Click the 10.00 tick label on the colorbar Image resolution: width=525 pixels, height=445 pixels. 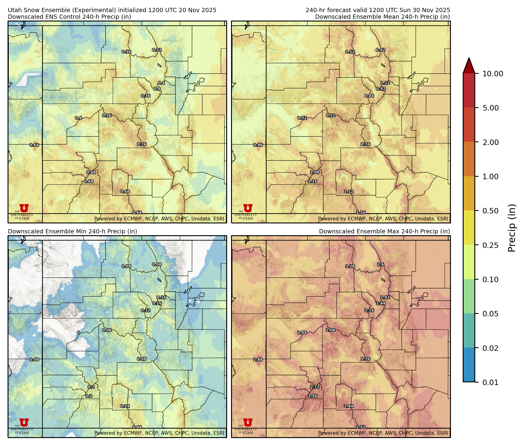coord(493,74)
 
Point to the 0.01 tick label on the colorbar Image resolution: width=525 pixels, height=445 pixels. coord(490,382)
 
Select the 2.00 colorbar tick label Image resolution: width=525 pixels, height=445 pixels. coord(490,142)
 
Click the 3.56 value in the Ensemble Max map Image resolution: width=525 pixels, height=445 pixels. coord(312,396)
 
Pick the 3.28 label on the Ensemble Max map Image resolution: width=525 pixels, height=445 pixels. coord(350,266)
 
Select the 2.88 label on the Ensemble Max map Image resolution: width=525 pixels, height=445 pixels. coord(258,359)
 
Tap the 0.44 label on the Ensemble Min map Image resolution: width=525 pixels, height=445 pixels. coord(137,427)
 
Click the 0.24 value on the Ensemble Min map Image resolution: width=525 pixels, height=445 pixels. coord(125,406)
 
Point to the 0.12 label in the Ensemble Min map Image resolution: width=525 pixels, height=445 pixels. coord(145,310)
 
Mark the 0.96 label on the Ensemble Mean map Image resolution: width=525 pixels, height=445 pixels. coord(258,145)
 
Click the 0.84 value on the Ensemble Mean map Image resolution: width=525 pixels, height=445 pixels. coord(369,96)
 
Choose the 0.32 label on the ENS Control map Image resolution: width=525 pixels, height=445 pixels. coord(157,50)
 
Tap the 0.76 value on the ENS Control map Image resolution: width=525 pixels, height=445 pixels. coord(142,144)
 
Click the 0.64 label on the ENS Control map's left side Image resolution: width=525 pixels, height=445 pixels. coord(34,145)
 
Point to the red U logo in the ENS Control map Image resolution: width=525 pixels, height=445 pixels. coord(24,208)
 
